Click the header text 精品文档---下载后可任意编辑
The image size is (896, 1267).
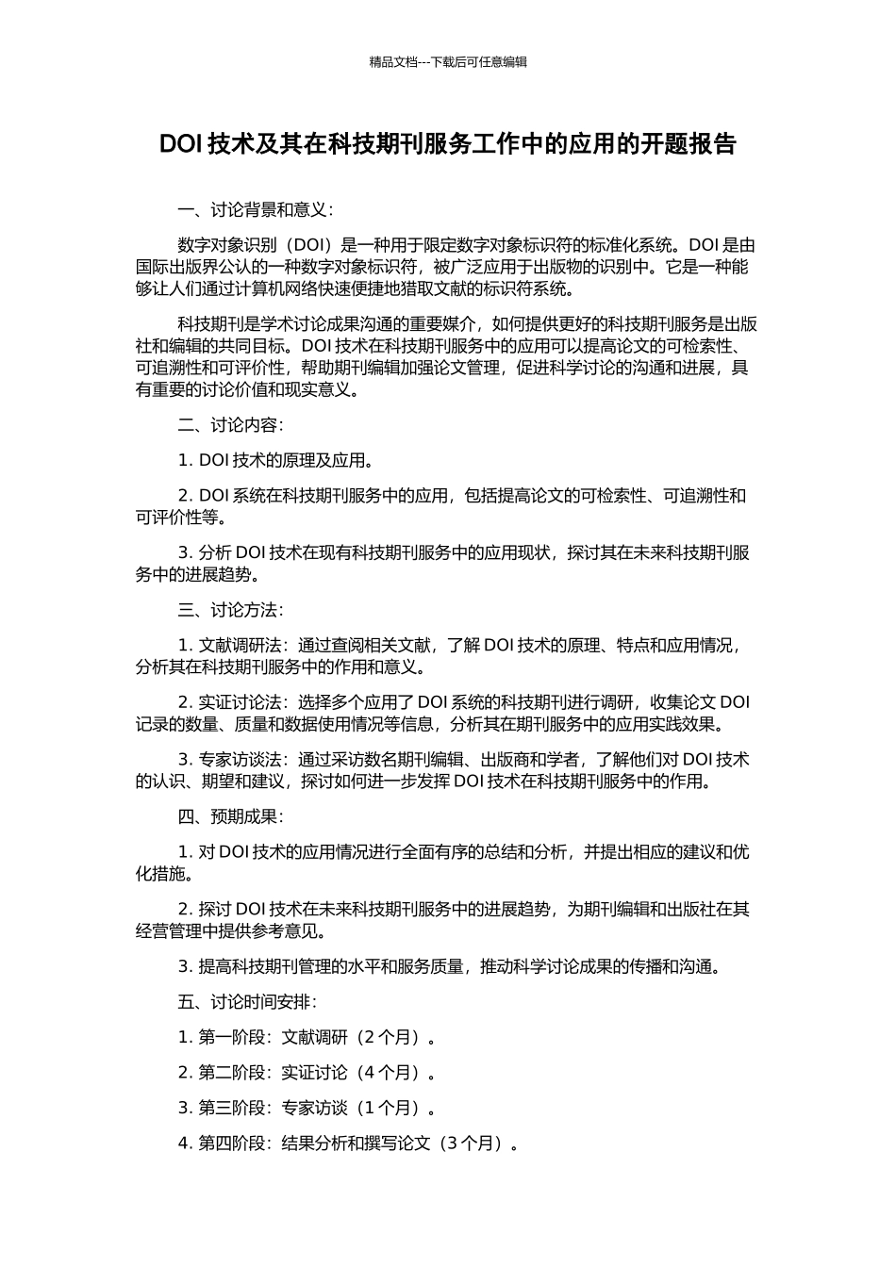click(x=447, y=62)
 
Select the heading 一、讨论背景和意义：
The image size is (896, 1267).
click(x=256, y=209)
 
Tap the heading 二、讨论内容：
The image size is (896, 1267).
click(x=231, y=425)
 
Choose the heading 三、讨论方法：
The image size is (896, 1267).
click(x=231, y=610)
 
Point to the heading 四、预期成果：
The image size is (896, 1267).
click(x=231, y=816)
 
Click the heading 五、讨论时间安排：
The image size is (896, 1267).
click(x=248, y=1001)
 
